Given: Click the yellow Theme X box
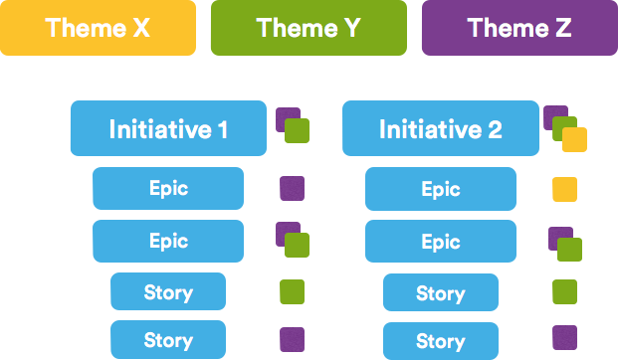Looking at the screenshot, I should click(98, 28).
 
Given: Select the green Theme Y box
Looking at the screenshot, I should click(309, 28).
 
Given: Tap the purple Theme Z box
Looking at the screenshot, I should click(519, 28).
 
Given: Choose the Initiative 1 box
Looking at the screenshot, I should click(167, 128).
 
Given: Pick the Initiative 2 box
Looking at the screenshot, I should click(440, 128).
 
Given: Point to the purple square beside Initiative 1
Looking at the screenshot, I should click(285, 117).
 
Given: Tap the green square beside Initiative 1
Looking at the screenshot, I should click(298, 131).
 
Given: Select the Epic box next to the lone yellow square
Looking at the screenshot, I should click(440, 188).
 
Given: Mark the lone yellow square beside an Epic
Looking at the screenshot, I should click(564, 189).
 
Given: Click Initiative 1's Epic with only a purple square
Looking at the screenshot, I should click(167, 188).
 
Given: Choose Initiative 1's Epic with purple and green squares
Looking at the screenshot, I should click(167, 241).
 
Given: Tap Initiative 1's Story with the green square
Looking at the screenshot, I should click(167, 292).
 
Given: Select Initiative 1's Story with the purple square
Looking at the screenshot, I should click(167, 340).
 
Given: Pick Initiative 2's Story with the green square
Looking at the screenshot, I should click(440, 292).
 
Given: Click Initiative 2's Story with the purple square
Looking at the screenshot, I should click(440, 340).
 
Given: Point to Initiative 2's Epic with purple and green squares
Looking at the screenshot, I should click(440, 241).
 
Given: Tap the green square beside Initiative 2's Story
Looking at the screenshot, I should click(564, 291).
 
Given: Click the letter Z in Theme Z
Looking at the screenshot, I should click(561, 28).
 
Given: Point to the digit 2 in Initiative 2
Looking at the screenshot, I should click(495, 129).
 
